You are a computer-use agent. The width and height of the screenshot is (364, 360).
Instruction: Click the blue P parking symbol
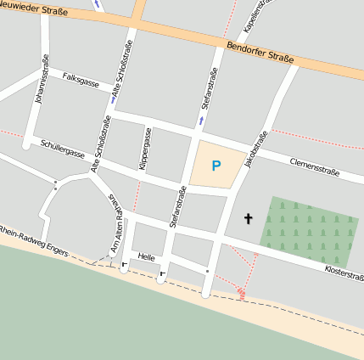[x=216, y=166]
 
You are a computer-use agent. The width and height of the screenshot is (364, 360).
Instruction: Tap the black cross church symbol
[x=249, y=219]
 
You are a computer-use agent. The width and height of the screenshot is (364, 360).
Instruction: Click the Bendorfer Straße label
[x=261, y=52]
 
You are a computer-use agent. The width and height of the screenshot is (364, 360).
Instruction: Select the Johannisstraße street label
[x=41, y=80]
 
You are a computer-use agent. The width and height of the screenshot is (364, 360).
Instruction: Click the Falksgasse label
[x=81, y=80]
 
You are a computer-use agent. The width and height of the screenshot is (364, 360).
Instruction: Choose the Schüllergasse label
[x=62, y=149]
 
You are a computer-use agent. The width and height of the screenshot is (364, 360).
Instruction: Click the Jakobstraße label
[x=255, y=149]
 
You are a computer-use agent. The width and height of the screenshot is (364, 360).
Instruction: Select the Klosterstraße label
[x=344, y=272]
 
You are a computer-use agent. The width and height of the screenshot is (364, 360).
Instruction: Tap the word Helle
[x=146, y=256]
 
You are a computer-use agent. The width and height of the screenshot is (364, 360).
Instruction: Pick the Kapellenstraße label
[x=252, y=15]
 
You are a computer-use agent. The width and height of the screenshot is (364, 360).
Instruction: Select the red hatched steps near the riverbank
[x=241, y=294]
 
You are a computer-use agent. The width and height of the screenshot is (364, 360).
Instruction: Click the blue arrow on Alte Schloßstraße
[x=112, y=99]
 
